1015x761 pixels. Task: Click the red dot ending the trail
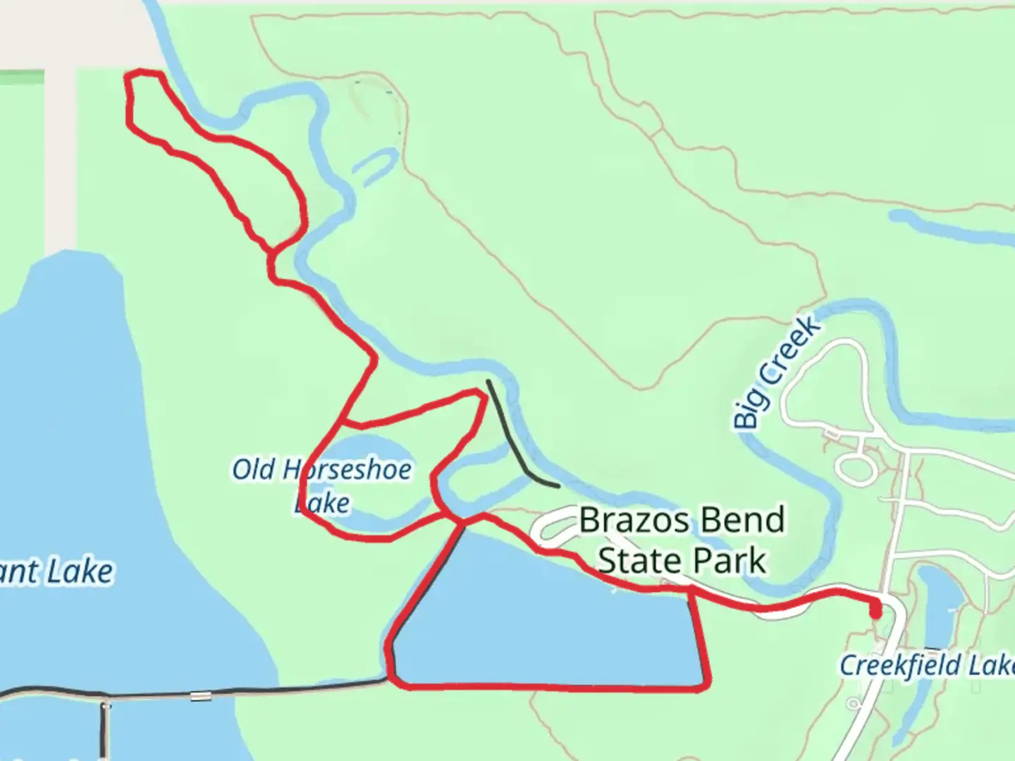(875, 612)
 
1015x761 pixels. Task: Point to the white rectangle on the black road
(200, 696)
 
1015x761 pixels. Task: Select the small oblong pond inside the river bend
(374, 166)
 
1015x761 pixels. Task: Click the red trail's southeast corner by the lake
(706, 681)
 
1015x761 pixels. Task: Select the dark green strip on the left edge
(21, 78)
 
